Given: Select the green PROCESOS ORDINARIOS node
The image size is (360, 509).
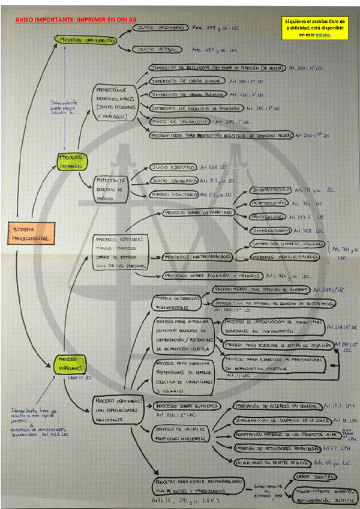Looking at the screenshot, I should tap(88, 40).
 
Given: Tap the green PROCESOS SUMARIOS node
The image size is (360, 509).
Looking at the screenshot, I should tap(73, 161).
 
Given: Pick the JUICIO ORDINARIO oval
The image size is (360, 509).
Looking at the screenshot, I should tap(160, 28).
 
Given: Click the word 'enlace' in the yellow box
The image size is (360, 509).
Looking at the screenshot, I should tap(322, 35).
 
